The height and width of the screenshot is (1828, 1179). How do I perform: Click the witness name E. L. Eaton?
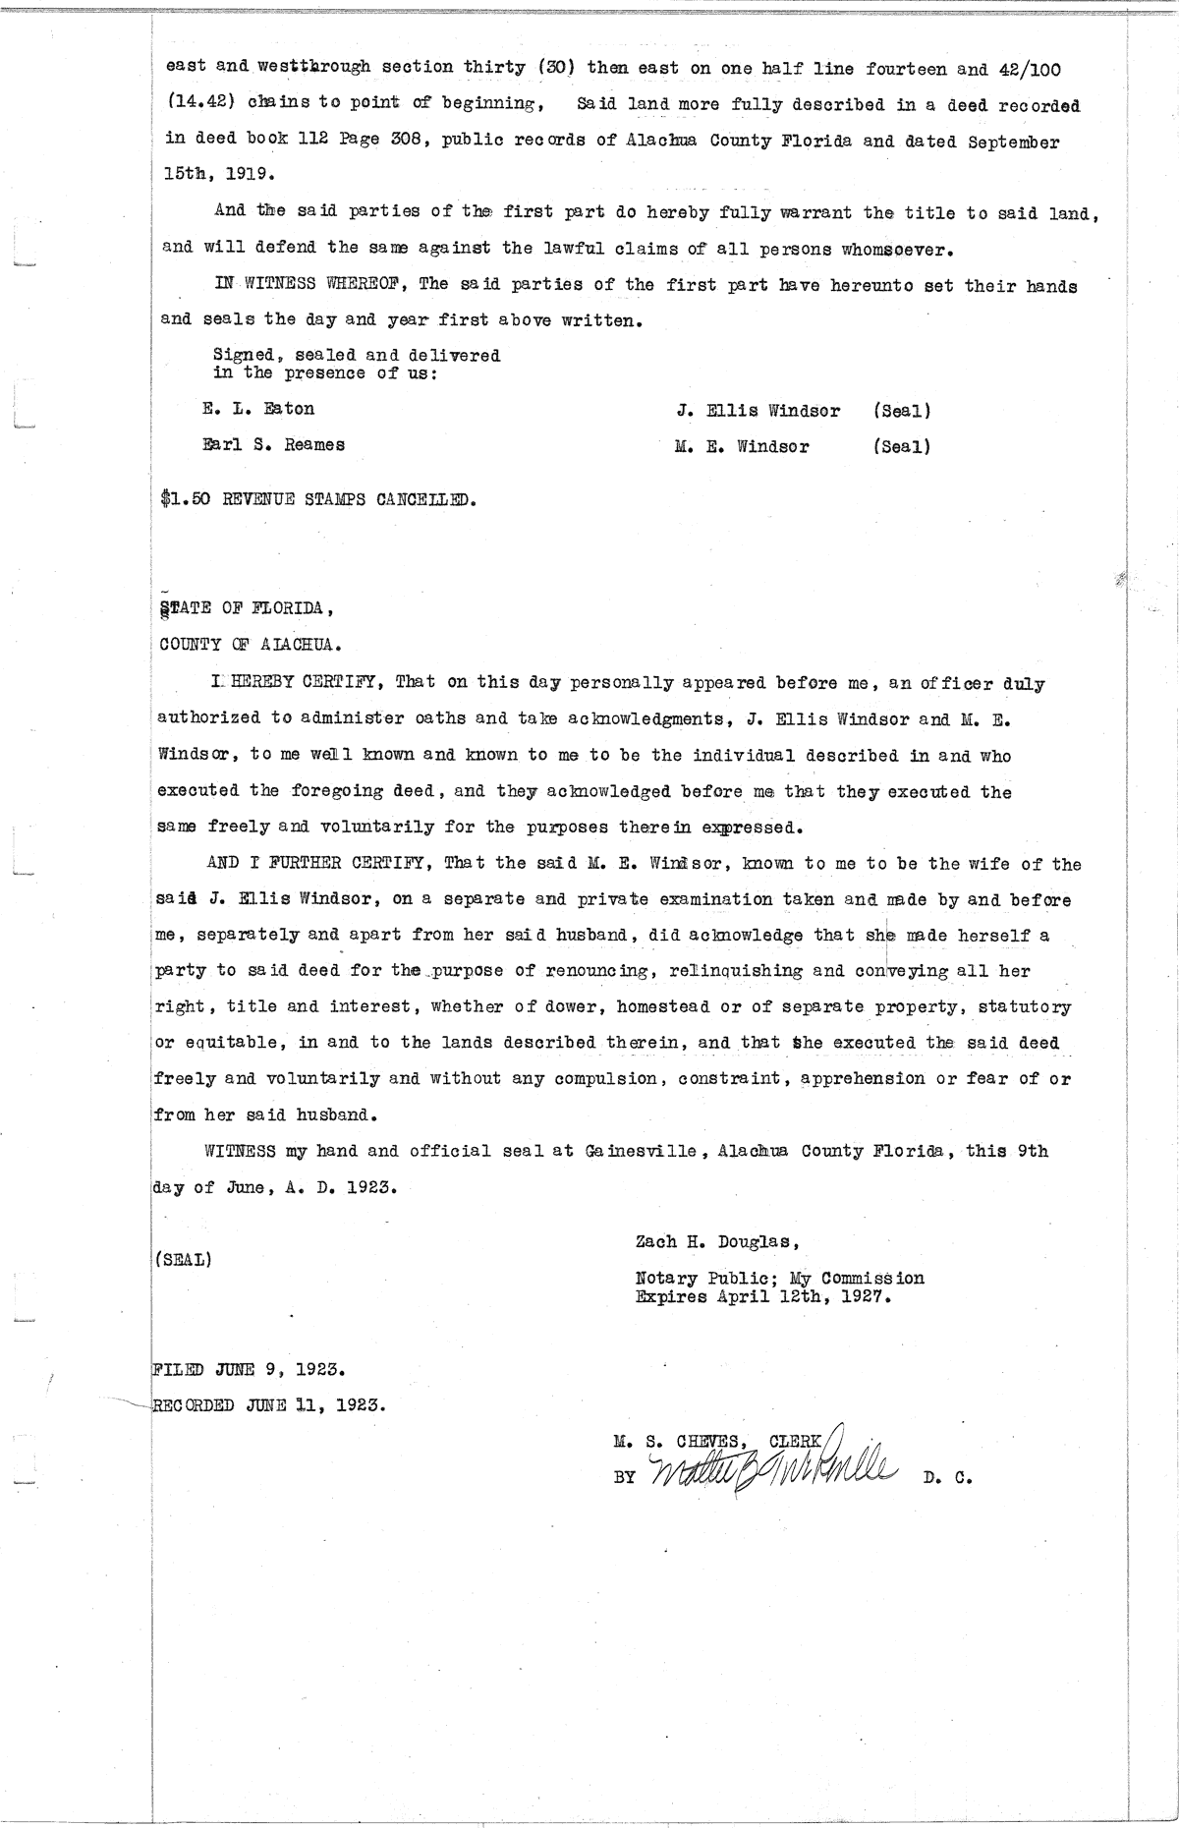(x=257, y=408)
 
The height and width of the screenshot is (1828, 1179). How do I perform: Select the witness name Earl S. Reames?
(x=273, y=444)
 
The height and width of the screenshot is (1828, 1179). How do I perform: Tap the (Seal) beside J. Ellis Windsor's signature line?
(x=901, y=411)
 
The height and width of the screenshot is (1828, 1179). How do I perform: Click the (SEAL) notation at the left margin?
(x=183, y=1259)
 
